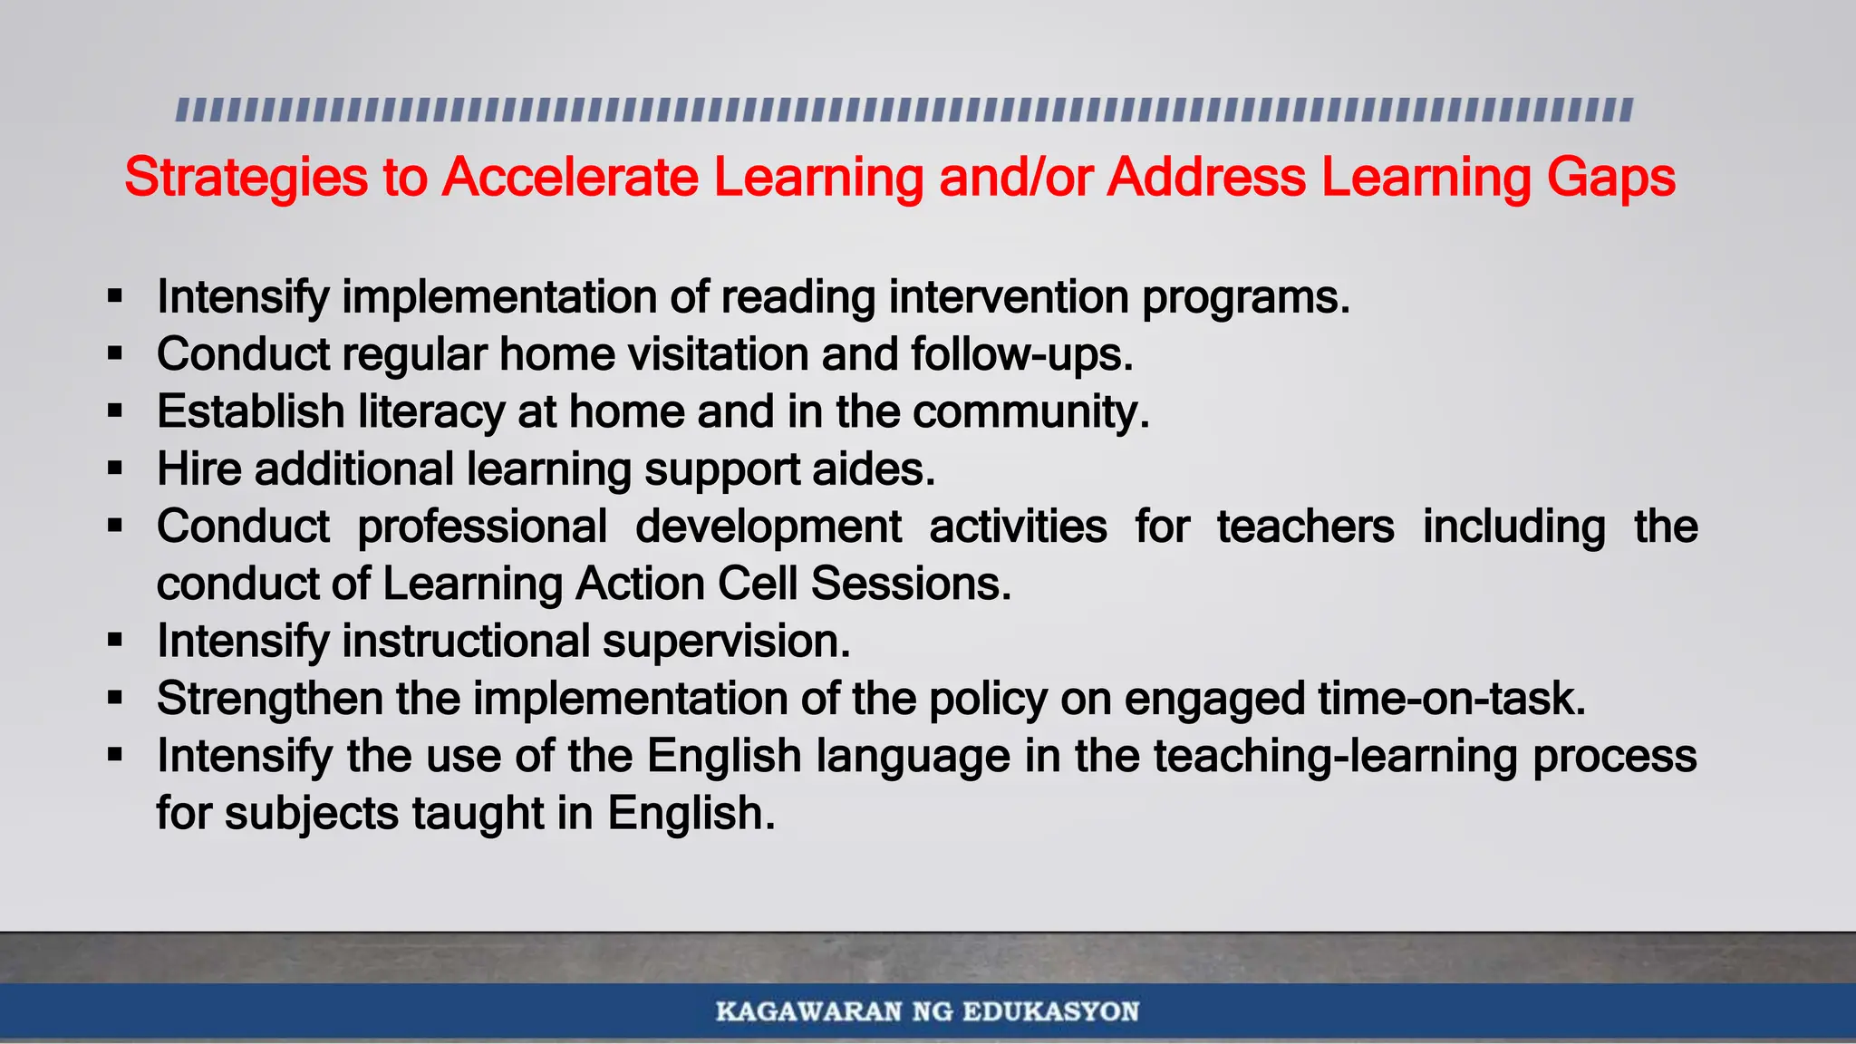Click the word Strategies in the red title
pyautogui.click(x=246, y=178)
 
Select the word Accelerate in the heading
pyautogui.click(x=570, y=178)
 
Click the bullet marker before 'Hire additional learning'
pyautogui.click(x=114, y=469)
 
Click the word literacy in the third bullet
pyautogui.click(x=430, y=412)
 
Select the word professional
pyautogui.click(x=482, y=527)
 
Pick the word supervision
pyautogui.click(x=726, y=642)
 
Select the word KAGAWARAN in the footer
pyautogui.click(x=809, y=1011)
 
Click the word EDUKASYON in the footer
pyautogui.click(x=1050, y=1011)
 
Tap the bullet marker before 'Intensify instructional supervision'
pyautogui.click(x=114, y=641)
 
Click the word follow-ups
pyautogui.click(x=1022, y=354)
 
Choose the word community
pyautogui.click(x=1030, y=412)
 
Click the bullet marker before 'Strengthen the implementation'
pyautogui.click(x=114, y=698)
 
